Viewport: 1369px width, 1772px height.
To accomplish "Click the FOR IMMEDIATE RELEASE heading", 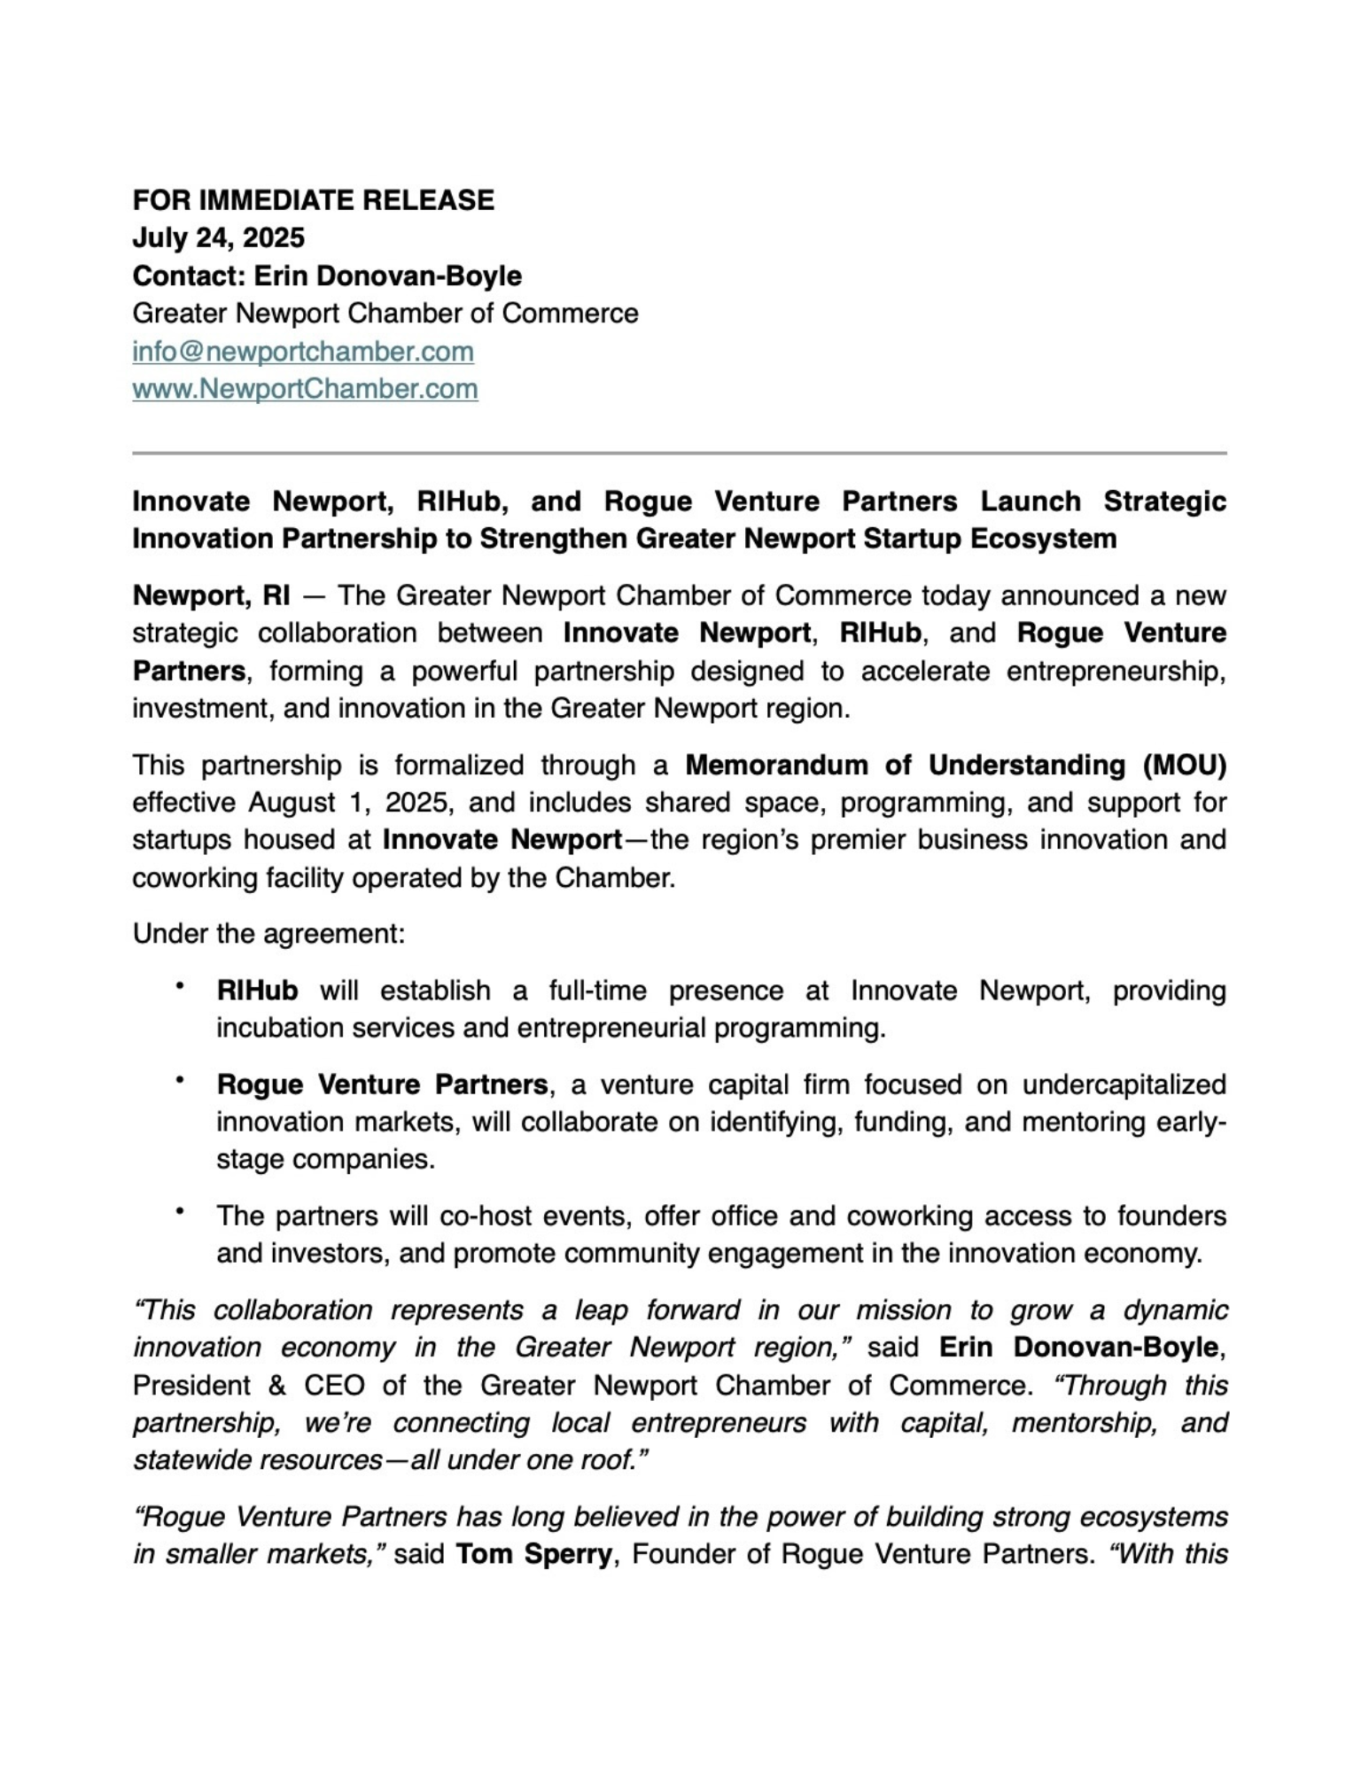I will pos(313,200).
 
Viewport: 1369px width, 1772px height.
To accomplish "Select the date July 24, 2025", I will pos(218,238).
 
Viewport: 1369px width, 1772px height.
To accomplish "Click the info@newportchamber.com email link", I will pos(303,352).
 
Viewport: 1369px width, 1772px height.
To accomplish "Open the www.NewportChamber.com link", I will pos(305,389).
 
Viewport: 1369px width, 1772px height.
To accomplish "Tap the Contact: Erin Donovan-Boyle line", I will pos(327,276).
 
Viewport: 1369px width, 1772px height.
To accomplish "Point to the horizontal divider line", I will pos(679,453).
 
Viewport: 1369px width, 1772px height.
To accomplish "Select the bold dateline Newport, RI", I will pos(211,595).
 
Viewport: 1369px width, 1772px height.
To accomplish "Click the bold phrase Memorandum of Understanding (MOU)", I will pos(955,765).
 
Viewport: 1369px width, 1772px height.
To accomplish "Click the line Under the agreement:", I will pos(268,934).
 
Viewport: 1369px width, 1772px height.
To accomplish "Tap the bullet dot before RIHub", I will pos(180,986).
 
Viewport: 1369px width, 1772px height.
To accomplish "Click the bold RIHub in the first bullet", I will pos(257,991).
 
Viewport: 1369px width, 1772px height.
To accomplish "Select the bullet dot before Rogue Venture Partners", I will pos(180,1080).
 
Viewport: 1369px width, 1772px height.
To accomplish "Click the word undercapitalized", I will pos(1124,1084).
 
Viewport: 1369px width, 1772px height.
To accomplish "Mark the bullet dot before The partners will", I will pos(180,1211).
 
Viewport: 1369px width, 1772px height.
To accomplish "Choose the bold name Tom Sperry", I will pos(533,1555).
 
